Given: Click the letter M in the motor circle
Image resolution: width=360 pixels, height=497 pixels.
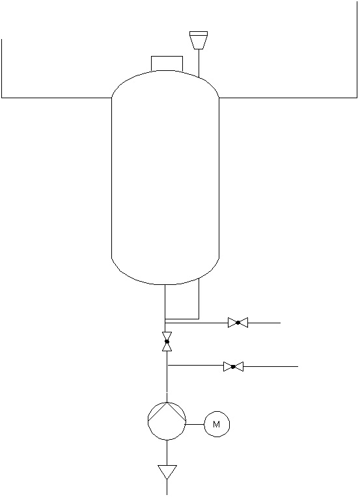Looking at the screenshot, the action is coord(216,424).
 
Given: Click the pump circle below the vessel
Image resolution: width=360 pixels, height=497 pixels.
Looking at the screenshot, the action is coord(148,421).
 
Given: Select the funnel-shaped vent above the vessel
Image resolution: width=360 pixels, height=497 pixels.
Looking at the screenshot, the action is coord(199,40).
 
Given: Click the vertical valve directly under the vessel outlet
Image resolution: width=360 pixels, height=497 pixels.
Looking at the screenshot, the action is coord(167,342).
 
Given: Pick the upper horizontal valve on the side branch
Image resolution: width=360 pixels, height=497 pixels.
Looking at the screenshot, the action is coord(238,323).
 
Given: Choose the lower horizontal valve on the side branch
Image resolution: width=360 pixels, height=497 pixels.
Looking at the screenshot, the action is coord(233,366).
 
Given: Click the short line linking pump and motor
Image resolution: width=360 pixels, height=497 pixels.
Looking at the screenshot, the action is coord(195,424).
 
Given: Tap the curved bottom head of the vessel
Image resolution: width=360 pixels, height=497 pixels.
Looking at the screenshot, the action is coord(165,284).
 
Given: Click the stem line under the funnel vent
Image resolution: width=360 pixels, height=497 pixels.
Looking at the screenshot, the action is coord(199,63).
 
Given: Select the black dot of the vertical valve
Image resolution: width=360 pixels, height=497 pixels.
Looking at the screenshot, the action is coord(167,342).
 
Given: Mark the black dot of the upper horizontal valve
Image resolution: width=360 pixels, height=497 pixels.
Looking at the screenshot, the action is coord(238,323).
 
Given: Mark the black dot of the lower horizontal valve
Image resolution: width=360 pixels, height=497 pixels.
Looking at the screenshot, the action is coord(233,366).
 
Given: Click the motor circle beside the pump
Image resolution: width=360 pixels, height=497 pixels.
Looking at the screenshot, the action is coord(217,411).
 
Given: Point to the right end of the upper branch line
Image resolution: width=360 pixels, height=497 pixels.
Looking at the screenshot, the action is coord(281,323).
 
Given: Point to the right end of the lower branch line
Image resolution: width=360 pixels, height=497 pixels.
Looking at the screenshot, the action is coord(298,366).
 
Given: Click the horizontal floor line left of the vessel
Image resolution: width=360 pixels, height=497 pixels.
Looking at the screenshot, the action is coord(57,98).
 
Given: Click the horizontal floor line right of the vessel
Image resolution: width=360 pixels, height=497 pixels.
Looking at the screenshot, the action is coord(288,98).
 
